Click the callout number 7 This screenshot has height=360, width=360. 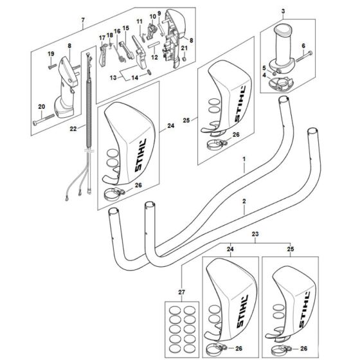(83, 20)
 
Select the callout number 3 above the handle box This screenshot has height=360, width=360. (283, 11)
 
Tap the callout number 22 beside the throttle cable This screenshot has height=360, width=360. (73, 129)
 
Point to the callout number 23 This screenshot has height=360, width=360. (255, 234)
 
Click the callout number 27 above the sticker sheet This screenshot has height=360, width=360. (181, 292)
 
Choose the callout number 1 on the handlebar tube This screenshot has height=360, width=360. (244, 159)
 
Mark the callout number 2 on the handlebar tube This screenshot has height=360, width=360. (244, 201)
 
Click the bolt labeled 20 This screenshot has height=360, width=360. (44, 120)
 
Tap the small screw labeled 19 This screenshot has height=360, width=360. (52, 66)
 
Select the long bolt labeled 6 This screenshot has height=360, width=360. (304, 57)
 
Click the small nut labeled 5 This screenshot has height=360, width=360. (274, 73)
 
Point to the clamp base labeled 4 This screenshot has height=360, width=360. (281, 84)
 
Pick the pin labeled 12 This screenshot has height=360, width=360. (154, 44)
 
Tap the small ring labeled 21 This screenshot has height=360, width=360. (184, 59)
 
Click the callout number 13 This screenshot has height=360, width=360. (113, 78)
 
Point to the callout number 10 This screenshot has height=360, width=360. (153, 17)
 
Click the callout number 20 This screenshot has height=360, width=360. (42, 107)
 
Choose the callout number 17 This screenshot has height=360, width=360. (102, 38)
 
